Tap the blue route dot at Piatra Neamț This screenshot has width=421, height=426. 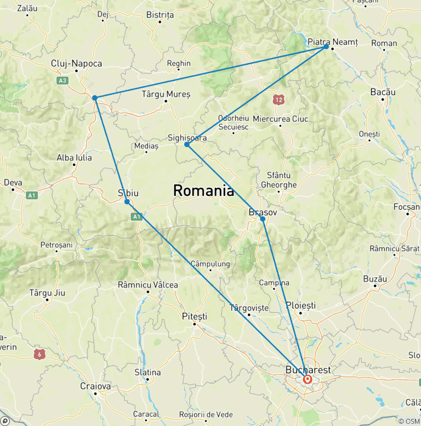click(326, 47)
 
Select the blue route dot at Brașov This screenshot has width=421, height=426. click(263, 219)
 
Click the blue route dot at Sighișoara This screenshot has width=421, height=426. click(187, 144)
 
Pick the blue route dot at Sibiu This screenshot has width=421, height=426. click(127, 201)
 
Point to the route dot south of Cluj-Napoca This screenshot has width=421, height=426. click(95, 98)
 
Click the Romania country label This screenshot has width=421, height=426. click(203, 191)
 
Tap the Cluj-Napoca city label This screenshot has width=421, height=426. click(76, 64)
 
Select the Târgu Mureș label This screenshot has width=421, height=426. click(166, 94)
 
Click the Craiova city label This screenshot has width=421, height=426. click(95, 386)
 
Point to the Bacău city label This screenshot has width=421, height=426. click(383, 92)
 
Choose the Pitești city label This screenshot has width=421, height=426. click(195, 316)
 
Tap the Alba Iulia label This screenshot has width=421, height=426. click(75, 158)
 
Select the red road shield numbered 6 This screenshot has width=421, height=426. click(39, 354)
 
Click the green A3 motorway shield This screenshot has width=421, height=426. click(62, 80)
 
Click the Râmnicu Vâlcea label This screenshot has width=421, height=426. click(148, 285)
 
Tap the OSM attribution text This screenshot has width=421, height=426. click(409, 421)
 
